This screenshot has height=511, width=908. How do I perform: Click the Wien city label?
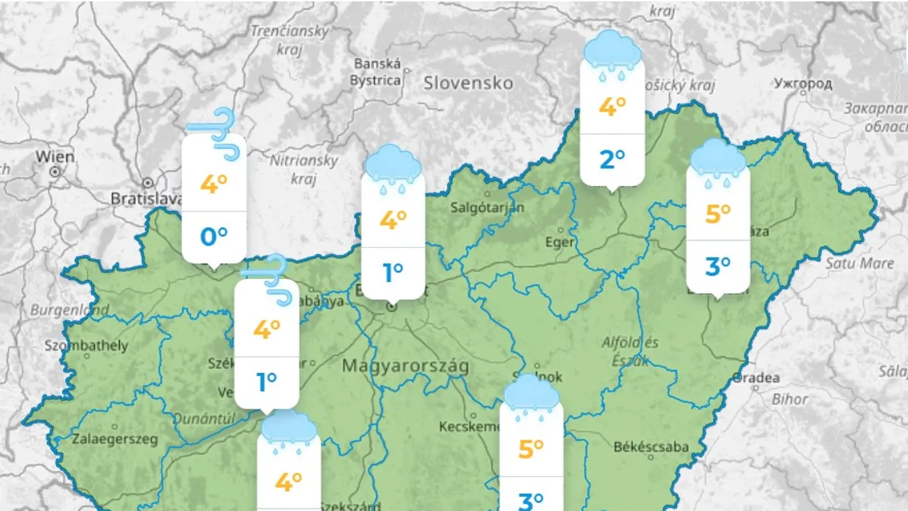[x=55, y=156]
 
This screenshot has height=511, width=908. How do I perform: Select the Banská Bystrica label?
[x=377, y=72]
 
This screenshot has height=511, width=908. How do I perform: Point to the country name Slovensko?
[x=468, y=83]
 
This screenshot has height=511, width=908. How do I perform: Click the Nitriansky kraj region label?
[x=304, y=169]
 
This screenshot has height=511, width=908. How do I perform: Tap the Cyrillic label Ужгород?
[x=803, y=84]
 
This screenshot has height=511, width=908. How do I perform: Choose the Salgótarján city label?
[x=487, y=207]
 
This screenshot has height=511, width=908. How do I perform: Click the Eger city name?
[x=560, y=242]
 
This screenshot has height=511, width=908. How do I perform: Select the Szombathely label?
[x=86, y=346]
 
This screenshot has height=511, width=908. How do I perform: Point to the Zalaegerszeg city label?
[x=115, y=440]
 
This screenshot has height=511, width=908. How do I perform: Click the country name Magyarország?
[x=405, y=366]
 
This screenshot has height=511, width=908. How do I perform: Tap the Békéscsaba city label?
[x=651, y=446]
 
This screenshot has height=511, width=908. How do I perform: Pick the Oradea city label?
[x=757, y=378]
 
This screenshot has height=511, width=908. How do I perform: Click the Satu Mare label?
[x=859, y=263]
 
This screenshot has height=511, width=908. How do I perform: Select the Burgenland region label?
[x=70, y=310]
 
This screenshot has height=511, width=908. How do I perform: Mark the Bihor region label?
[x=789, y=399]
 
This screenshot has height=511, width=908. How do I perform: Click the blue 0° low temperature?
[x=214, y=237]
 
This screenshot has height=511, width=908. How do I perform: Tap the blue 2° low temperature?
[x=612, y=160]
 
